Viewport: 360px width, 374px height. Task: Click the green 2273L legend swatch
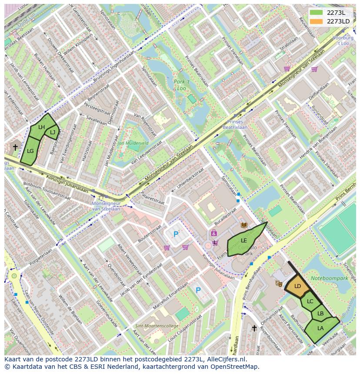click(316, 13)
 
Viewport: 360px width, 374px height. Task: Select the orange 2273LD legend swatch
click(316, 21)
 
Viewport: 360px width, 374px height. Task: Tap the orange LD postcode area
click(297, 286)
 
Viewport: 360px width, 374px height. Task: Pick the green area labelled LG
click(30, 151)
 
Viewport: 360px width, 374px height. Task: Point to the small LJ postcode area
click(53, 132)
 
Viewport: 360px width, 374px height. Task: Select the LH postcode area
click(41, 127)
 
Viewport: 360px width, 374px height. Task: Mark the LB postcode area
click(320, 314)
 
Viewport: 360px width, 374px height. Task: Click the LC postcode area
click(310, 301)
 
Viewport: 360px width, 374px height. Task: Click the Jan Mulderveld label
click(133, 142)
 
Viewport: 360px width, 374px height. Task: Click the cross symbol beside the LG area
click(15, 147)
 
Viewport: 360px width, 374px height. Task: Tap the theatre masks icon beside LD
click(279, 283)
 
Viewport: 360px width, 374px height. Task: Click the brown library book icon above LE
click(243, 225)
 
